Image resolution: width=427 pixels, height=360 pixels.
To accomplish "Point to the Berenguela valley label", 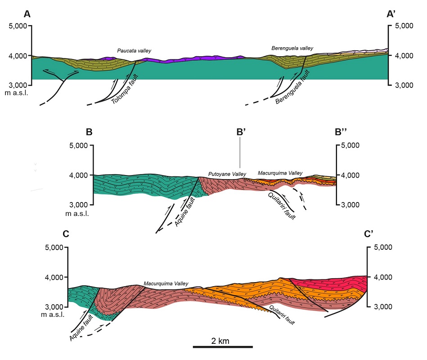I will pos(292,48).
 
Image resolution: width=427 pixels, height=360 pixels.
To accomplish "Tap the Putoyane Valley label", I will pos(224,174).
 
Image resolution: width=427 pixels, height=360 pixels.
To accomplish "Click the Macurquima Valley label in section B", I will pos(280,173).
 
